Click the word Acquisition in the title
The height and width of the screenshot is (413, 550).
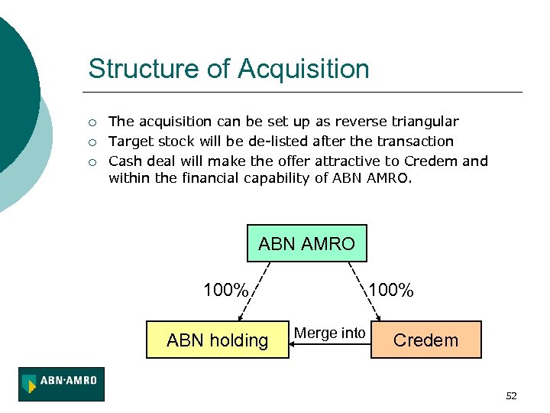[x=303, y=69]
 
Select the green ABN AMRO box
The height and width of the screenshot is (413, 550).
[x=306, y=244]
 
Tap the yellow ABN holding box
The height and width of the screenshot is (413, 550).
[x=218, y=340]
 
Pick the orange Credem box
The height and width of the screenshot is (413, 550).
[x=425, y=340]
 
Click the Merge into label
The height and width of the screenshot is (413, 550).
[x=330, y=333]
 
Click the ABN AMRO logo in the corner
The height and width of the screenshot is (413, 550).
[x=62, y=384]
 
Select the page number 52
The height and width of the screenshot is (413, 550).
[x=511, y=395]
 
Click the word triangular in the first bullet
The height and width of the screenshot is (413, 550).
[x=425, y=122]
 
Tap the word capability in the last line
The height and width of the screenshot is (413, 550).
[x=275, y=178]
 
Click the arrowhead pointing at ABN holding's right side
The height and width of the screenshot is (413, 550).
[x=294, y=343]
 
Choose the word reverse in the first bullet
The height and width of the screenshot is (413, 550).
[x=362, y=122]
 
